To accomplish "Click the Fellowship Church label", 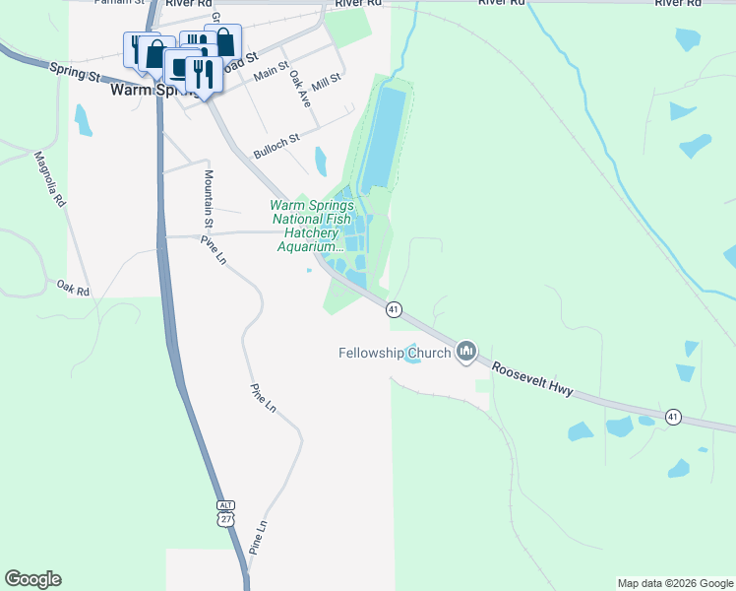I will tap(395, 353).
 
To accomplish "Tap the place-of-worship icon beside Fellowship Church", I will tap(467, 352).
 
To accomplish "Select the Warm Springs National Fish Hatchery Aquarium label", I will tap(311, 226).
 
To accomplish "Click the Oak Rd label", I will tap(73, 289).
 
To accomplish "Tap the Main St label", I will tap(271, 71).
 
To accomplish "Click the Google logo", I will tap(32, 579).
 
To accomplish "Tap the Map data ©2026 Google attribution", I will tap(676, 583).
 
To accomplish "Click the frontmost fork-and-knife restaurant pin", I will tap(203, 74).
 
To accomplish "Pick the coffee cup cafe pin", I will tap(180, 67).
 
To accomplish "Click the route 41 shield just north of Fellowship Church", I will tap(394, 309).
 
